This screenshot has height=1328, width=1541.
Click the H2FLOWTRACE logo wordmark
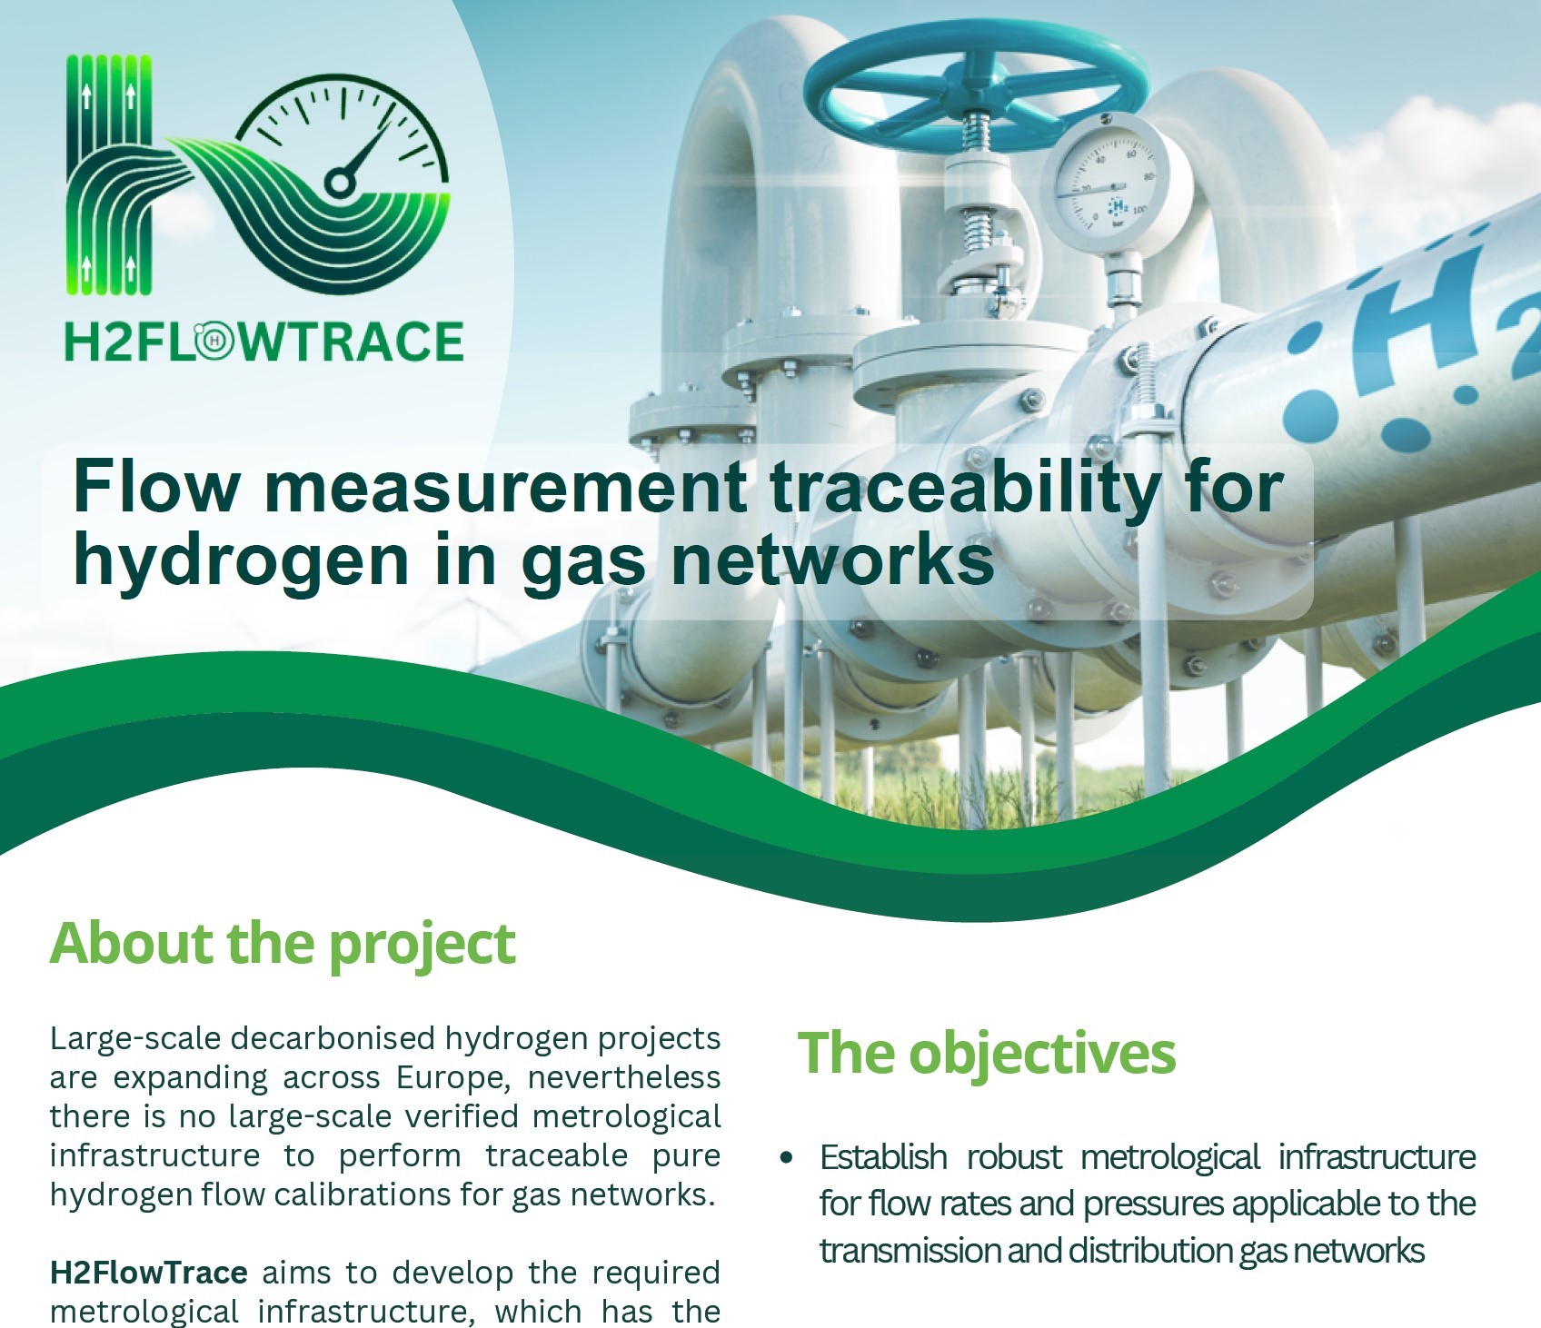(x=263, y=342)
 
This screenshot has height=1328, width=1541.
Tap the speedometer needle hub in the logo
(x=340, y=183)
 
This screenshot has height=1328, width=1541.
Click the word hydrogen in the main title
(x=242, y=561)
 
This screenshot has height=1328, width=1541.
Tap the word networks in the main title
(x=832, y=560)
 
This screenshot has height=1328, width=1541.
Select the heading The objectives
(x=987, y=1053)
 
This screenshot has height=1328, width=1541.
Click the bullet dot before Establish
(x=786, y=1158)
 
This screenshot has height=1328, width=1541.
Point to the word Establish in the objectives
(x=883, y=1157)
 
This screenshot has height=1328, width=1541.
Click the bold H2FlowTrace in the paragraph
(x=148, y=1273)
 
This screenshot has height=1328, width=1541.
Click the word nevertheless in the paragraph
(x=624, y=1077)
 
